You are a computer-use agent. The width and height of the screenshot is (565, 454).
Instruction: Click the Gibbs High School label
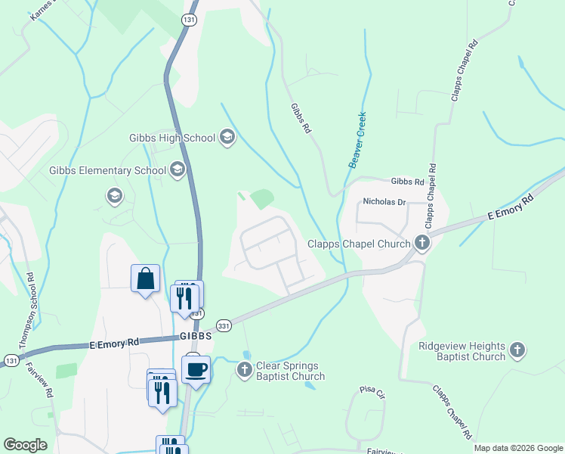point(172,138)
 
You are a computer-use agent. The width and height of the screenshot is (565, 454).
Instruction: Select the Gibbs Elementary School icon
point(178,170)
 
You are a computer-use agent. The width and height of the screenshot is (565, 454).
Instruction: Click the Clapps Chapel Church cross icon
point(422,243)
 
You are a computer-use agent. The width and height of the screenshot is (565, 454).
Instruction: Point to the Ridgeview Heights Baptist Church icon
point(517,350)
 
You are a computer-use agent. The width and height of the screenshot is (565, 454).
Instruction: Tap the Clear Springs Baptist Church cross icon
point(244,370)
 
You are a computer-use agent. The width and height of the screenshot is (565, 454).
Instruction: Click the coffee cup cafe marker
point(196,369)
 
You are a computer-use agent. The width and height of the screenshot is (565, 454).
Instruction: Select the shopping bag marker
point(145,278)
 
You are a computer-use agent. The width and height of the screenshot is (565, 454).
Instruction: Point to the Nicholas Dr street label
point(384,202)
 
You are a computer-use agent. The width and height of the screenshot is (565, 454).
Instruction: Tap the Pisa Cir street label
point(372,393)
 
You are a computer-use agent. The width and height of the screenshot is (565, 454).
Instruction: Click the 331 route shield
point(224,324)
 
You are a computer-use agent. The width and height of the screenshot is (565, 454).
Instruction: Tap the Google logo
point(26,445)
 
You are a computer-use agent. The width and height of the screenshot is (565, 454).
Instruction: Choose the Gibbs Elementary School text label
point(108,171)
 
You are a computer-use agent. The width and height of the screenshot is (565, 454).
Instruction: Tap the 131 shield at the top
point(189,20)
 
